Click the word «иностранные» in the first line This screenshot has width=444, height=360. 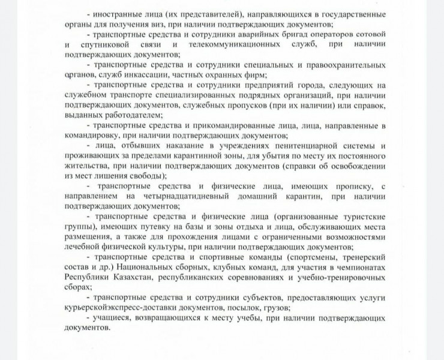119,13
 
